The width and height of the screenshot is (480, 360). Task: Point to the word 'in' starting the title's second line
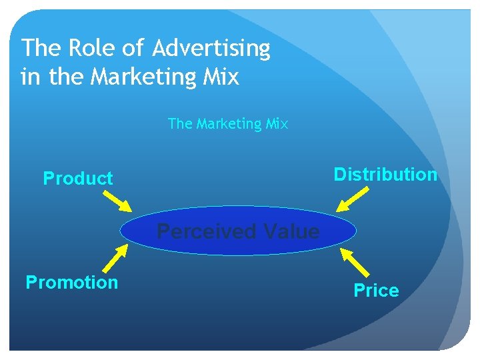(30, 77)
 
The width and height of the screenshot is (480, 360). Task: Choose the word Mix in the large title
(218, 77)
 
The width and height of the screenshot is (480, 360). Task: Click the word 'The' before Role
(40, 49)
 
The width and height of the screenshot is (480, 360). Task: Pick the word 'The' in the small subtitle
(179, 124)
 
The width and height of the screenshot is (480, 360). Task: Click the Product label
(78, 179)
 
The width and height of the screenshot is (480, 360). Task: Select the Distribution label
(385, 175)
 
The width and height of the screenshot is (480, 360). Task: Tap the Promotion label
(71, 283)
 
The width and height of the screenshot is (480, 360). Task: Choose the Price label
(376, 291)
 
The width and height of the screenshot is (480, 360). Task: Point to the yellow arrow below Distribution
(354, 198)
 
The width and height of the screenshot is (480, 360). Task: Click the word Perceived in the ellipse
(207, 232)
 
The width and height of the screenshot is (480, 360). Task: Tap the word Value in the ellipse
(291, 232)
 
